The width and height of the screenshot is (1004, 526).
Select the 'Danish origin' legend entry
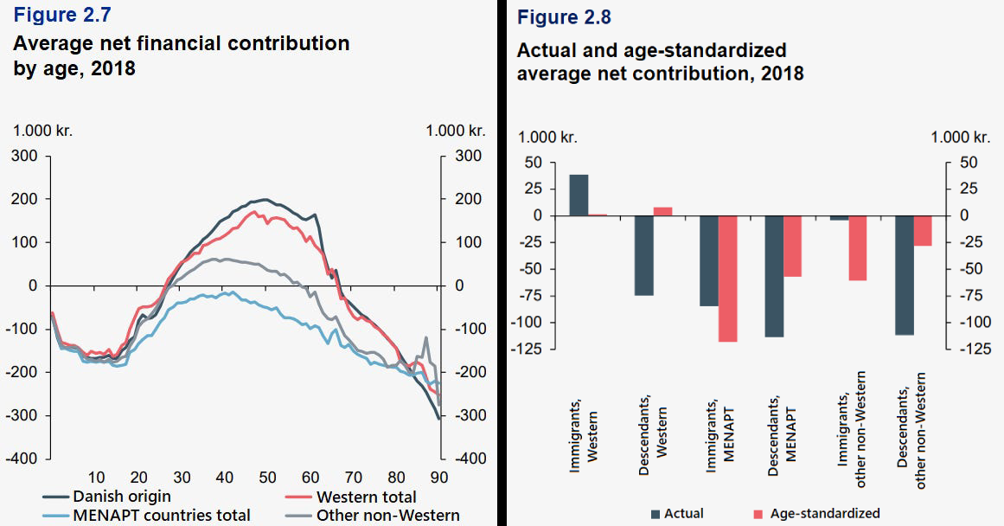point(120,497)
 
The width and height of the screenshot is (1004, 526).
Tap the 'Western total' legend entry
point(366,497)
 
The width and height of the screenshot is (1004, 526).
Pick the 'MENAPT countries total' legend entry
point(162,516)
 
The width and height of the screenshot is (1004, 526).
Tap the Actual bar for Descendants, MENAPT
point(774,276)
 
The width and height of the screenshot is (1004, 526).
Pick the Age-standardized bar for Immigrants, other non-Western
point(858,248)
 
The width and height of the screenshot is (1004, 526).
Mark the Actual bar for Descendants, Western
point(644,255)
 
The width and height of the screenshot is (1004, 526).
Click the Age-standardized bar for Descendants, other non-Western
point(924,230)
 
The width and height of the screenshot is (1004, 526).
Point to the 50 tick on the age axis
point(267,477)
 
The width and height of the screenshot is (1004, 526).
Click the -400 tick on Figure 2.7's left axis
point(23,459)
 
